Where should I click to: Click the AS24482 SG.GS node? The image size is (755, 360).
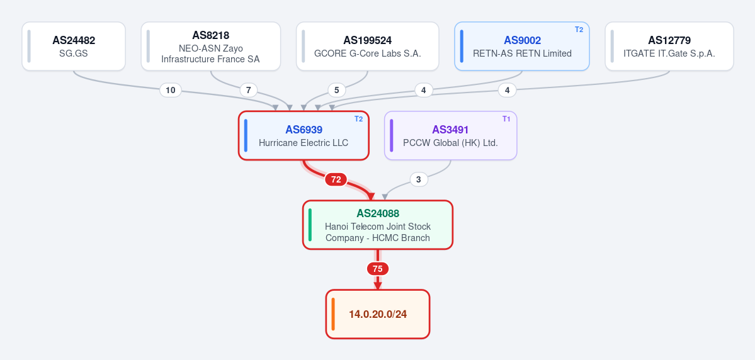click(74, 46)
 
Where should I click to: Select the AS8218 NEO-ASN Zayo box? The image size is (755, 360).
click(211, 46)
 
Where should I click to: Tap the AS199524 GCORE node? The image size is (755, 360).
click(367, 46)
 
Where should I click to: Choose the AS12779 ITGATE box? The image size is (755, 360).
click(669, 46)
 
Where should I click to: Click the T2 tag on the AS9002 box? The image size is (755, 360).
click(579, 30)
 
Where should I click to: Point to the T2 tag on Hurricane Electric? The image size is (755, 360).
click(359, 119)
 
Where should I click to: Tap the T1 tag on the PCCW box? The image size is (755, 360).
click(506, 119)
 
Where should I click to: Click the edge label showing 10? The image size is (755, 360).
click(171, 90)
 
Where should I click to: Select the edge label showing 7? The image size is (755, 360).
click(249, 90)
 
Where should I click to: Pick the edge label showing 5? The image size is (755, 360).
click(337, 90)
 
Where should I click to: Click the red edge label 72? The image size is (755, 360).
click(336, 179)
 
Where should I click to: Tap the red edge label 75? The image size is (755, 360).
click(378, 269)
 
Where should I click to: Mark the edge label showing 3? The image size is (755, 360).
click(418, 179)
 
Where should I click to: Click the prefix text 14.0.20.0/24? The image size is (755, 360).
click(378, 314)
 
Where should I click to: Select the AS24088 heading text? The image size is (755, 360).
click(378, 213)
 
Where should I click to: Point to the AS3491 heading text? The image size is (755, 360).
click(450, 130)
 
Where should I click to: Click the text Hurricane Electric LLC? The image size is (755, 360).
click(304, 143)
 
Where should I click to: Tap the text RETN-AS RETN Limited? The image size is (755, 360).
click(522, 53)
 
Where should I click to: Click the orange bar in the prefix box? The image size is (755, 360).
click(332, 314)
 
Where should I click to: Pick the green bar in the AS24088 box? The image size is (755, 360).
click(310, 225)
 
